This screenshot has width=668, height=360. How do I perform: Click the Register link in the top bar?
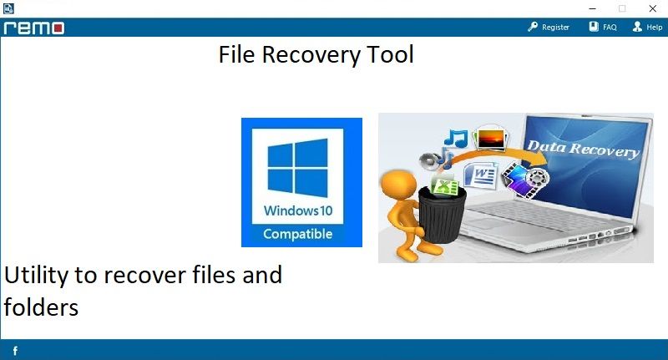(549, 28)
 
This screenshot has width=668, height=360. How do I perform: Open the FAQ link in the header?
(603, 28)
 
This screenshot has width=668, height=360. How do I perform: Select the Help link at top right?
(647, 28)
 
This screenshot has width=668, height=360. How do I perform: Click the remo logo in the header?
(34, 28)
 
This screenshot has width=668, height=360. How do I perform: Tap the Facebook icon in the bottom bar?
(15, 351)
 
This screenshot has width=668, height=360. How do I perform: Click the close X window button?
(652, 8)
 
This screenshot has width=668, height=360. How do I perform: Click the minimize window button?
(593, 8)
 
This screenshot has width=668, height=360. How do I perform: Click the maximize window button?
(622, 8)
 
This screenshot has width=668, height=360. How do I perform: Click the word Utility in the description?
(36, 276)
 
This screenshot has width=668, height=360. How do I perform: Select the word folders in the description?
(41, 307)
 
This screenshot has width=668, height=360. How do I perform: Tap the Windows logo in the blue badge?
(298, 168)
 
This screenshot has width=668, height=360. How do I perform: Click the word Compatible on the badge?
(298, 235)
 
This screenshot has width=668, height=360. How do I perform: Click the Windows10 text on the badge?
(298, 210)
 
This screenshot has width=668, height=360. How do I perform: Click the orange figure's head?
(398, 184)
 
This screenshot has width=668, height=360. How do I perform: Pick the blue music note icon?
(456, 139)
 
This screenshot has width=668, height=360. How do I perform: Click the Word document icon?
(481, 175)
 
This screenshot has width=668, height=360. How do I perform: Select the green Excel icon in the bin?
(444, 186)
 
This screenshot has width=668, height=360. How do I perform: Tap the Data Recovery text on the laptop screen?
(584, 150)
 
